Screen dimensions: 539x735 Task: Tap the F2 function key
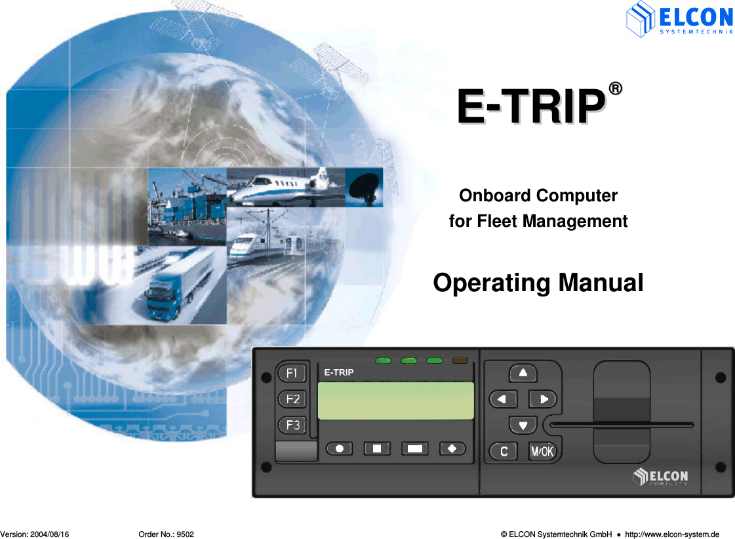292,399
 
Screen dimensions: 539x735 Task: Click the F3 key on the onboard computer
292,425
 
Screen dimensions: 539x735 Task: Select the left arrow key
503,399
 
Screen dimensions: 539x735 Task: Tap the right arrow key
543,399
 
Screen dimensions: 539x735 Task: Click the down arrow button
523,425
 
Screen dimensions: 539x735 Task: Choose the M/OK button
542,451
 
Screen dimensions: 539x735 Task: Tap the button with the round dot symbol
339,449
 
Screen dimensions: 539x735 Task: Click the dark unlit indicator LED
460,360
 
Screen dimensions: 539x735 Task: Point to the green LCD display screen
395,401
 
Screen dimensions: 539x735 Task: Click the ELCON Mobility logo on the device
661,477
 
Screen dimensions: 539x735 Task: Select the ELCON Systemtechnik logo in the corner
679,19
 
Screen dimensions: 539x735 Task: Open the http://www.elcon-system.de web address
672,534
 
